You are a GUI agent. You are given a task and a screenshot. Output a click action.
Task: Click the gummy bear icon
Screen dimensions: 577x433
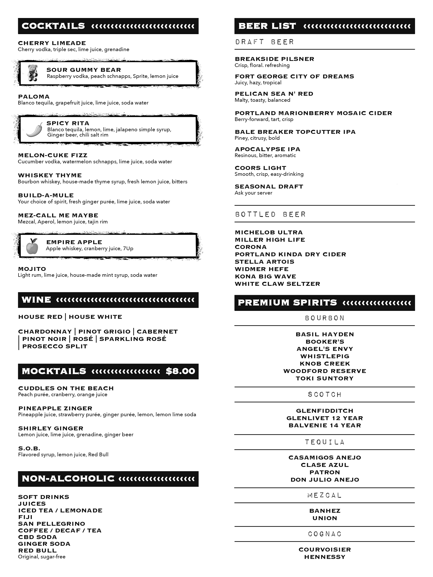click(x=33, y=73)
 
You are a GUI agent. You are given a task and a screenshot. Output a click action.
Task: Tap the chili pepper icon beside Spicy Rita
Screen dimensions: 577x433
click(x=34, y=130)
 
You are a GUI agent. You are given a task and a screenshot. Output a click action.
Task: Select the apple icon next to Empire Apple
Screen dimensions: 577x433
click(x=32, y=246)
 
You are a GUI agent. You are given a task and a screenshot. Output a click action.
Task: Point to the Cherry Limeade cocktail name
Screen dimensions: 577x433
click(x=52, y=43)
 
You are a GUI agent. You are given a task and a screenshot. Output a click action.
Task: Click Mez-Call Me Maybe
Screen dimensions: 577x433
click(x=58, y=215)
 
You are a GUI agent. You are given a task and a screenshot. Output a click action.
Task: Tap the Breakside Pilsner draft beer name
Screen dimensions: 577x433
click(x=274, y=59)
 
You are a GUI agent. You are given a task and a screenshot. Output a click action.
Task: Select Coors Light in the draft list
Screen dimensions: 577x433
click(x=260, y=168)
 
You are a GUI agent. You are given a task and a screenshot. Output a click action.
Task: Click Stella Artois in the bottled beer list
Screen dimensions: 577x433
click(x=264, y=262)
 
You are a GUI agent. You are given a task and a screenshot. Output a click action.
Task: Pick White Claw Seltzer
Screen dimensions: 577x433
click(x=277, y=284)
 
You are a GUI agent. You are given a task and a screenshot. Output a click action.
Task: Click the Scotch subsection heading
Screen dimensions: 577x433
click(x=324, y=394)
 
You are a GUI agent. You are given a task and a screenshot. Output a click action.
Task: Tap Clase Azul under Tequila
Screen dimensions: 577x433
click(x=324, y=465)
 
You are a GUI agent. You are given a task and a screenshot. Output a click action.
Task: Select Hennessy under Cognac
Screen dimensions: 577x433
click(x=324, y=557)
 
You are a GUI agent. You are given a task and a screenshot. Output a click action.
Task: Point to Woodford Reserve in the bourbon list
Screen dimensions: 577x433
click(x=324, y=371)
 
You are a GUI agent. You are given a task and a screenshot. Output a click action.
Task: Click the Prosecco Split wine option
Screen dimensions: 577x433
click(x=55, y=346)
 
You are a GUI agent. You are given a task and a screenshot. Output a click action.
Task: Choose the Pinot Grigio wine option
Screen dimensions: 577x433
click(x=104, y=332)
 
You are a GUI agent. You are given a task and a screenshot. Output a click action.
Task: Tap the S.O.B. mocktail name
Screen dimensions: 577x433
click(x=29, y=448)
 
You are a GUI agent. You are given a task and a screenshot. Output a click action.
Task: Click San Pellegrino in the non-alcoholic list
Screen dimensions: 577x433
click(x=51, y=524)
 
